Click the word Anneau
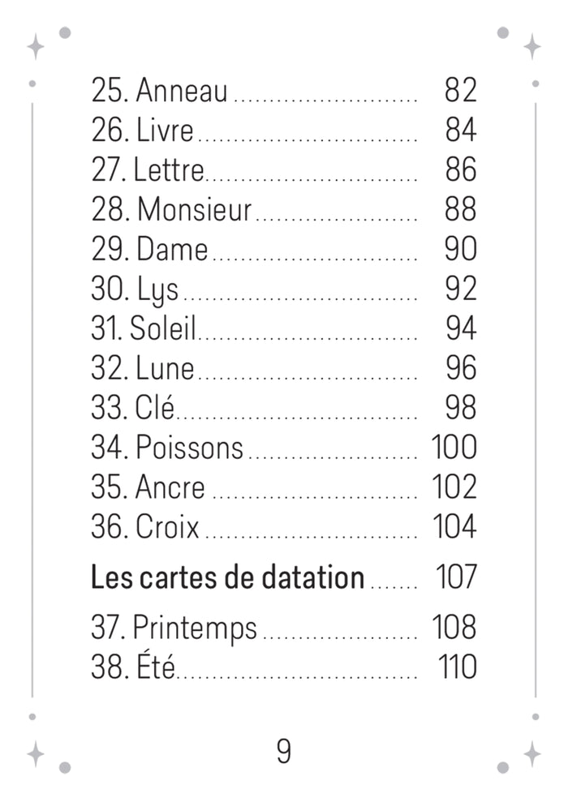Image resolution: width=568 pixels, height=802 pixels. (182, 91)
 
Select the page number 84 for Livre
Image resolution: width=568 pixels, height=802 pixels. (461, 130)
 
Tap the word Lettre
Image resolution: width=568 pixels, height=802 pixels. (168, 169)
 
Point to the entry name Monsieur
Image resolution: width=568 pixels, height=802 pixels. (195, 210)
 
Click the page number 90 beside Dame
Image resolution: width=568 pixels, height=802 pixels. (461, 249)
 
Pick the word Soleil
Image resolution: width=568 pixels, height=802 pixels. (163, 328)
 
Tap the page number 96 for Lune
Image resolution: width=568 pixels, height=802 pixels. (461, 368)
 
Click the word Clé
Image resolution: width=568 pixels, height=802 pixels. (154, 407)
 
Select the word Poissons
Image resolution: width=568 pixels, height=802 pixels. (189, 448)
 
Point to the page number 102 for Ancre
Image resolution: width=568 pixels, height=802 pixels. (454, 487)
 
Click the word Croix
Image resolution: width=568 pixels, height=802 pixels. (167, 527)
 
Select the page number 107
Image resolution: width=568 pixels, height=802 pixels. (457, 577)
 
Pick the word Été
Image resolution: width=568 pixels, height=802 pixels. (156, 666)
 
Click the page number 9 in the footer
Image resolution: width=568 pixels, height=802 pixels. (284, 751)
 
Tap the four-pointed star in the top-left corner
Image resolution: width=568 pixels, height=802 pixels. (36, 47)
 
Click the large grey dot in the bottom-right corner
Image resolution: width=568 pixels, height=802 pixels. (503, 767)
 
